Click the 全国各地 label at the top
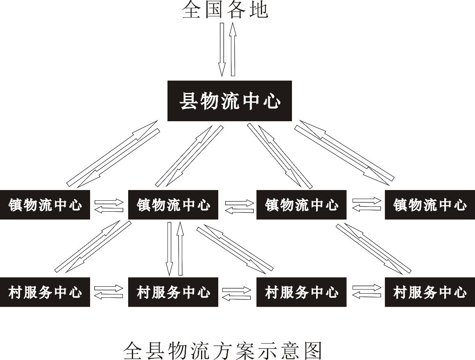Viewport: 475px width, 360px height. pyautogui.click(x=225, y=10)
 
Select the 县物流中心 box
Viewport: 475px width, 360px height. pyautogui.click(x=230, y=101)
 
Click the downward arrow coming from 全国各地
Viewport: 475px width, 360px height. pyautogui.click(x=222, y=49)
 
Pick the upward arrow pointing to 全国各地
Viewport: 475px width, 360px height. pyautogui.click(x=233, y=49)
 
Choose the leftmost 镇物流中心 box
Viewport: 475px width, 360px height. pyautogui.click(x=45, y=204)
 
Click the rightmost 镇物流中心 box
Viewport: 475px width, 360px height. pyautogui.click(x=430, y=204)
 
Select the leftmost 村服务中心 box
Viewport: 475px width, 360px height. pyautogui.click(x=45, y=292)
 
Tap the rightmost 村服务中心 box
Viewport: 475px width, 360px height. pyautogui.click(x=430, y=292)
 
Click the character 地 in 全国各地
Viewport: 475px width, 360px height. pyautogui.click(x=258, y=10)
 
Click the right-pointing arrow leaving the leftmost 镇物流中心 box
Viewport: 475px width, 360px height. pyautogui.click(x=109, y=202)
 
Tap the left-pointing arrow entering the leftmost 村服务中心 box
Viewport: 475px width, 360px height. pyautogui.click(x=109, y=295)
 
